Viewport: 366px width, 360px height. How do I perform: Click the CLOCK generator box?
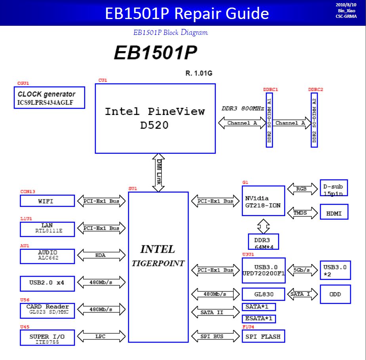coord(49,98)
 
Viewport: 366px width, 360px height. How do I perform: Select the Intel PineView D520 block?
coord(155,119)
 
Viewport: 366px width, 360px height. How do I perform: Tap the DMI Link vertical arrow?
coord(158,172)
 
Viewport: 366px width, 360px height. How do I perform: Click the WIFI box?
coord(48,201)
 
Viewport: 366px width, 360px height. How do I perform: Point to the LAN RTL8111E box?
coord(48,229)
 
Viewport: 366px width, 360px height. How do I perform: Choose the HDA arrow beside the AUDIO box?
coord(101,255)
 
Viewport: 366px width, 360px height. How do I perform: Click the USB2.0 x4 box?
coord(48,283)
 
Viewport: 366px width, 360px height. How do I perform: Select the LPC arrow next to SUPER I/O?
coord(101,336)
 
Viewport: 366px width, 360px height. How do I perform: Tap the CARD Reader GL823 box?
coord(48,311)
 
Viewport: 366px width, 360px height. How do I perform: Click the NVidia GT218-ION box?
coord(263,201)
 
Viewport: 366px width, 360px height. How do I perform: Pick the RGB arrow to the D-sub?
coord(303,189)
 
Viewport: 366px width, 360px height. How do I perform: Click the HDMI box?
coord(334,212)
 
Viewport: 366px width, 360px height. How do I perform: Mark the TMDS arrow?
coord(303,213)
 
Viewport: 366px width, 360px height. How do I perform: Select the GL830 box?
coord(263,294)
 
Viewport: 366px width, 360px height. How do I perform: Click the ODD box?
coord(335,294)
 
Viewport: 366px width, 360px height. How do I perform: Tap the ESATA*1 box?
coord(259,319)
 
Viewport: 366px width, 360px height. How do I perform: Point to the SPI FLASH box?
coord(263,336)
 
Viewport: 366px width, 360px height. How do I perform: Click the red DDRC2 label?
coord(316,90)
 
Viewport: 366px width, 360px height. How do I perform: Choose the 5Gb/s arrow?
coord(303,270)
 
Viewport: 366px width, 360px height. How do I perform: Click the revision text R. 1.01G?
coord(199,73)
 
